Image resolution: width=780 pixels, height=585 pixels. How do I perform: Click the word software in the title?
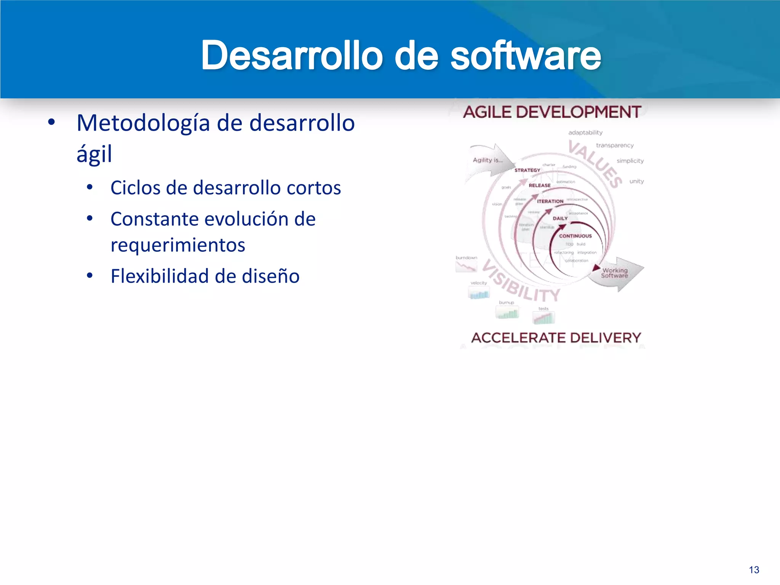tap(526, 56)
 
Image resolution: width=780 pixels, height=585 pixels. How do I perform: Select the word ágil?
tap(94, 154)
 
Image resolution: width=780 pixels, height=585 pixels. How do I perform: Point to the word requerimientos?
tap(178, 245)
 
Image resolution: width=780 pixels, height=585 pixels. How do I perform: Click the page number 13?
tap(754, 570)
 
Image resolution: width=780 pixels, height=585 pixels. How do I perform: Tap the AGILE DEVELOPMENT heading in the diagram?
tap(552, 112)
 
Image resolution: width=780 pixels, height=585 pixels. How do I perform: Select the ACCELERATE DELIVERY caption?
tap(556, 337)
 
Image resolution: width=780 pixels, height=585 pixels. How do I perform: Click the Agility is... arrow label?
tap(487, 160)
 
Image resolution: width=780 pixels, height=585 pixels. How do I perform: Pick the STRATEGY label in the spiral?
tap(527, 170)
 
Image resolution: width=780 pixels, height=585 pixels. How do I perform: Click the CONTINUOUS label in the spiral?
tap(575, 236)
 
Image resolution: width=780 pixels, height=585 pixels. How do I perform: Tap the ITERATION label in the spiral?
tap(550, 201)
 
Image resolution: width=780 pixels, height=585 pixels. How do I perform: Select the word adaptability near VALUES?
tap(585, 133)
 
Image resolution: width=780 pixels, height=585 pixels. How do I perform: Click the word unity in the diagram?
tap(636, 181)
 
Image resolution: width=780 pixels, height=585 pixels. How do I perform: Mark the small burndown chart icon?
tap(466, 267)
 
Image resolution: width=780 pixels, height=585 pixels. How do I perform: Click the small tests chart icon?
tap(544, 318)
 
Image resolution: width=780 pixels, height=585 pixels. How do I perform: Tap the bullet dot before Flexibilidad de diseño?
tap(90, 275)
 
